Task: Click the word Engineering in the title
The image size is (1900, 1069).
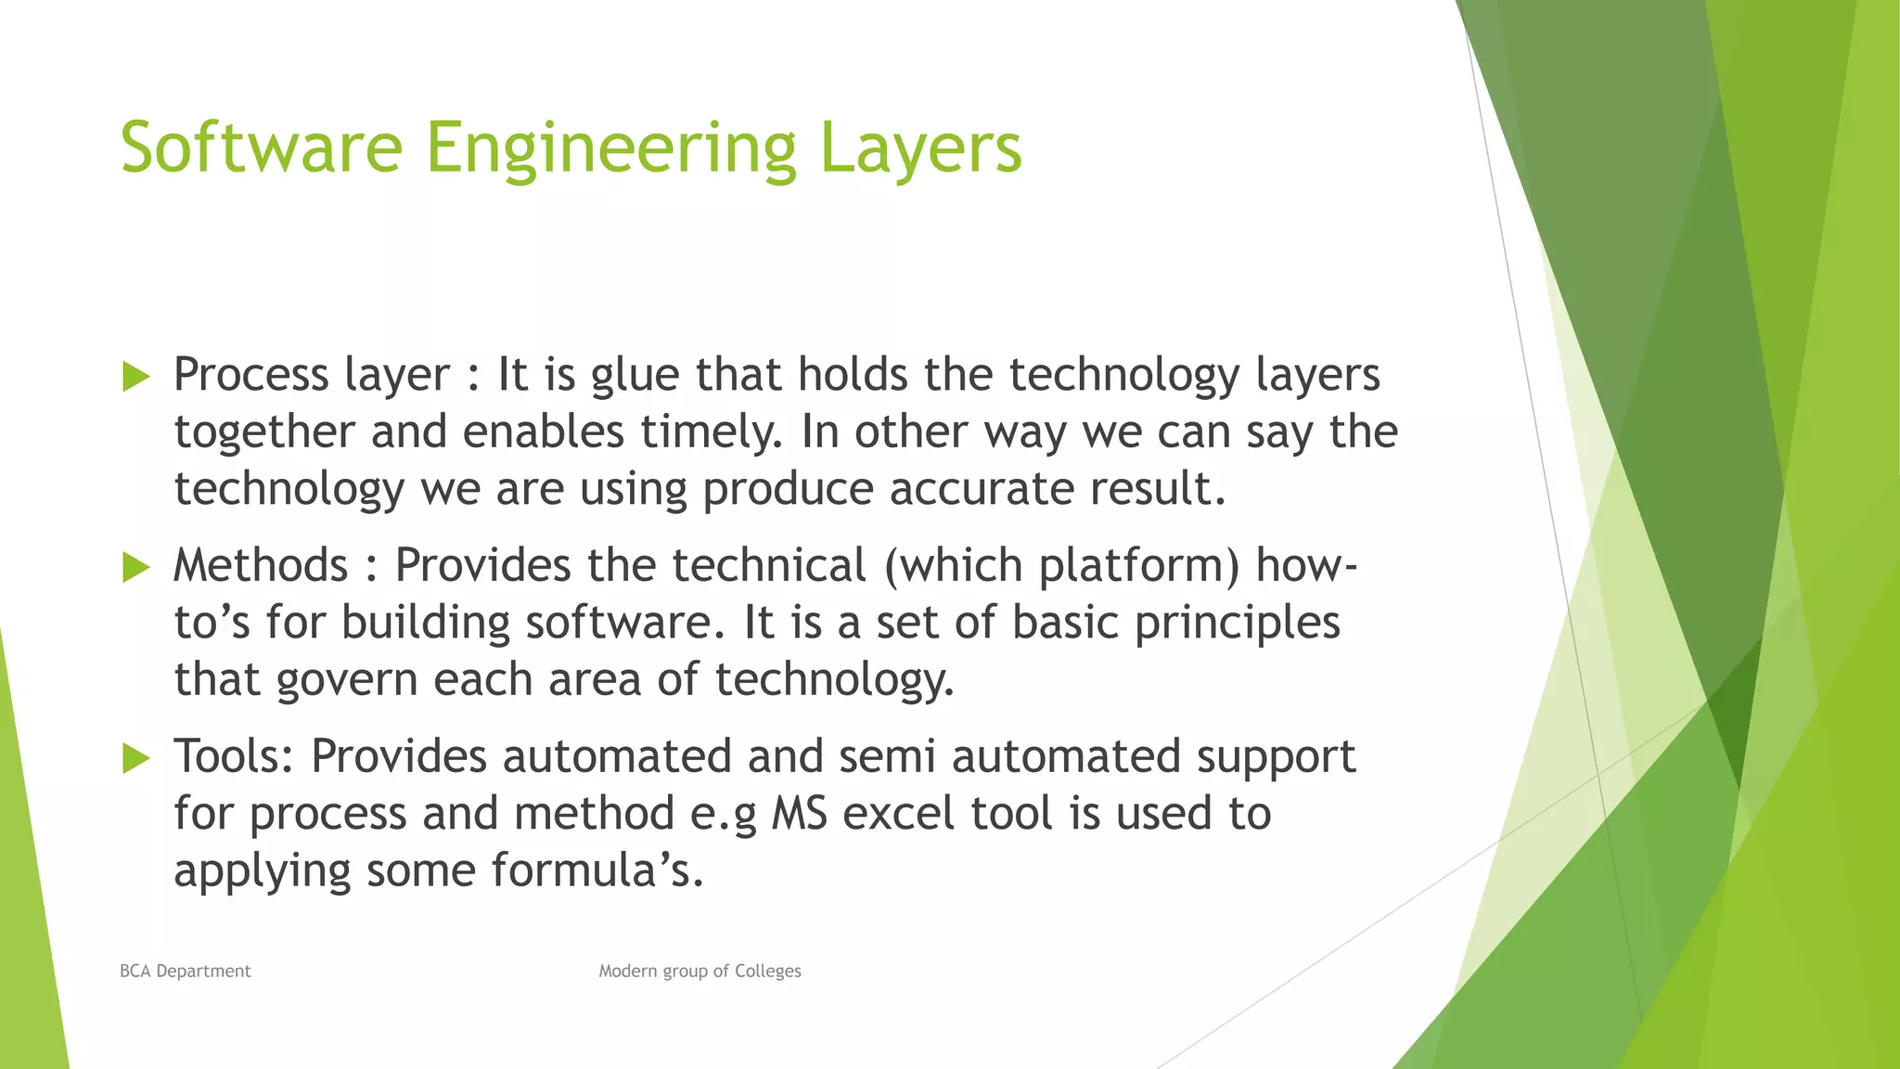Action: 610,148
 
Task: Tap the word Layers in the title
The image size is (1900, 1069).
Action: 920,148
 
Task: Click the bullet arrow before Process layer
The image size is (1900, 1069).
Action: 135,377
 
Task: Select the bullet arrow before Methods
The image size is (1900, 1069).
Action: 135,567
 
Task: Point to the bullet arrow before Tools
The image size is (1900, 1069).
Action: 135,758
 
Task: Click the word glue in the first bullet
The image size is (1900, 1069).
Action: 635,377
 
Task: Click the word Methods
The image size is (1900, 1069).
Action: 261,565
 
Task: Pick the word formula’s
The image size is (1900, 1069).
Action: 597,870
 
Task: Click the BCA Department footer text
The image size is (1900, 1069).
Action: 186,971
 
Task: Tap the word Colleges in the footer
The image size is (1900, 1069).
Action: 767,971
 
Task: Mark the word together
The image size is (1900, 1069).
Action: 264,432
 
